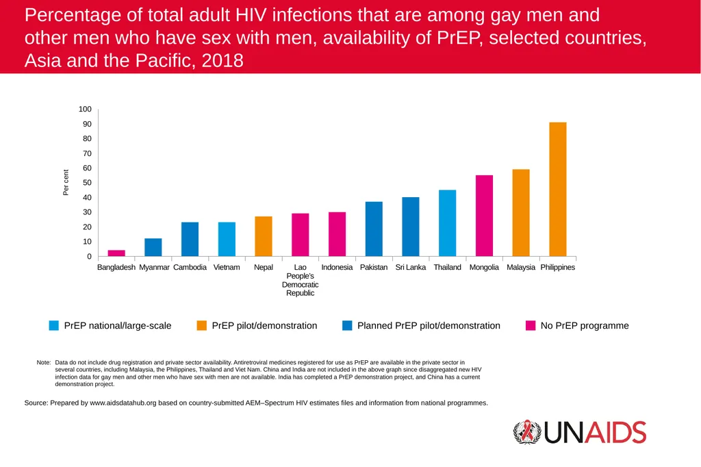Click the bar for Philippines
557,189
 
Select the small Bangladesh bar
116,253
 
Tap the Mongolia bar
484,216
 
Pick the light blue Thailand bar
448,223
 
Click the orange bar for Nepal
264,236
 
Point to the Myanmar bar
153,247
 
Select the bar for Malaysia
521,213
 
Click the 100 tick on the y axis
85,109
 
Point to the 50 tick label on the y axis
87,183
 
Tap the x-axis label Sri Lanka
411,267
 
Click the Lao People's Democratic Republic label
300,280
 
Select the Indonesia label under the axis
337,267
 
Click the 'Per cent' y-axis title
66,183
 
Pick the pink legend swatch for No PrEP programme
531,325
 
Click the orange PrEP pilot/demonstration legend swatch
202,325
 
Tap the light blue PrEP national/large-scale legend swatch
53,325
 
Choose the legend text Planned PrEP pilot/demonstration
429,326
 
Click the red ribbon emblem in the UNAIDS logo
528,431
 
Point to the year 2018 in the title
222,60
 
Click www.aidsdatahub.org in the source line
123,403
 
